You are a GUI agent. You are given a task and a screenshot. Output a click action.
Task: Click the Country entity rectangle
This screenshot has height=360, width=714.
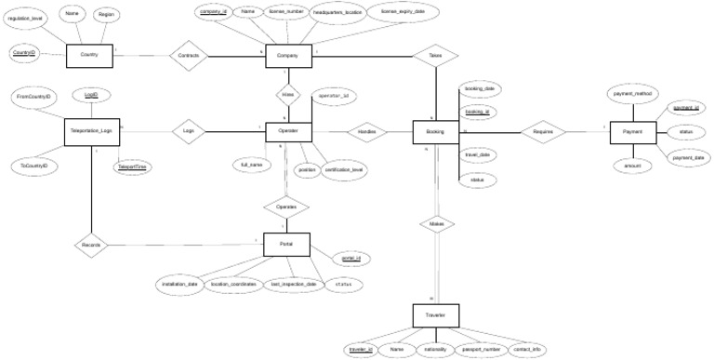click(89, 56)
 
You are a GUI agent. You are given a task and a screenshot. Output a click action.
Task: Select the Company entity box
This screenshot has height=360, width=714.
click(286, 56)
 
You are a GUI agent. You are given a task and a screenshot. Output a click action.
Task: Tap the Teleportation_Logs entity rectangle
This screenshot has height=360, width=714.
click(91, 132)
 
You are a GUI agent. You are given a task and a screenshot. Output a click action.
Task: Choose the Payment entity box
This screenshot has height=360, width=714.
click(634, 132)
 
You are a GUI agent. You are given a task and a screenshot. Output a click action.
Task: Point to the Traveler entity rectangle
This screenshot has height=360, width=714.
click(435, 316)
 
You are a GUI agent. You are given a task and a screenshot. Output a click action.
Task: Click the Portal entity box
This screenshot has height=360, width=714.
click(286, 244)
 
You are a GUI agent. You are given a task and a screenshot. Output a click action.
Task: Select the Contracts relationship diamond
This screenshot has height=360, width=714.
click(188, 56)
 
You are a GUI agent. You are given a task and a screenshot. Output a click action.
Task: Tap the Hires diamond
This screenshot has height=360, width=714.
click(286, 94)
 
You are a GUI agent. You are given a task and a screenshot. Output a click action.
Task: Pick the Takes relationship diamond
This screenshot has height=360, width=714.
click(435, 56)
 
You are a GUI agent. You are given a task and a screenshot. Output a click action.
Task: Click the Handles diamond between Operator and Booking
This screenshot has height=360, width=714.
click(366, 132)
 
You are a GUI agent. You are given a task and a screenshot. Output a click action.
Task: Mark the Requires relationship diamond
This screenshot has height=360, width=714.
click(544, 132)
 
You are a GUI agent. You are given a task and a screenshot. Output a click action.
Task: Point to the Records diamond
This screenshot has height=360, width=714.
click(91, 245)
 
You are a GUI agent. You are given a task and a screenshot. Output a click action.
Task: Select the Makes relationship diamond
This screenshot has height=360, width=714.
click(435, 225)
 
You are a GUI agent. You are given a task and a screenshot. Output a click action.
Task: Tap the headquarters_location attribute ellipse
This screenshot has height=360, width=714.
click(337, 14)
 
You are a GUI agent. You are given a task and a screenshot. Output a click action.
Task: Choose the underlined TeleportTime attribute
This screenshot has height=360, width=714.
click(131, 167)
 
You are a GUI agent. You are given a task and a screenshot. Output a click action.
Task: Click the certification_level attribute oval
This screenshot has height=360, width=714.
click(344, 169)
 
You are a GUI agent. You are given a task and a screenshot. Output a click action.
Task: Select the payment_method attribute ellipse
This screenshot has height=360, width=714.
click(633, 94)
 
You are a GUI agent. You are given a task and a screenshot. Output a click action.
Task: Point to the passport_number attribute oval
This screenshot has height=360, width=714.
click(482, 349)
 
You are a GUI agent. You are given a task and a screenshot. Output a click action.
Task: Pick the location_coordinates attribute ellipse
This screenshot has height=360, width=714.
click(232, 284)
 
